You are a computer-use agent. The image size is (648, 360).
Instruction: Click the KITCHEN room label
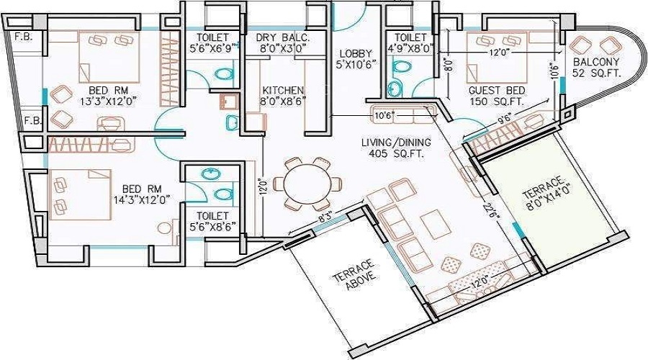point(283,90)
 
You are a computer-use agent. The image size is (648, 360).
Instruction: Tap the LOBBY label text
point(356,54)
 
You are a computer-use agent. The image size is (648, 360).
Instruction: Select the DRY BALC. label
point(283,37)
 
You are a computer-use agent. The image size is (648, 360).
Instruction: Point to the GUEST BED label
point(497,91)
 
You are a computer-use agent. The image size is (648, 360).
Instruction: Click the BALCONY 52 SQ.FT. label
point(596,68)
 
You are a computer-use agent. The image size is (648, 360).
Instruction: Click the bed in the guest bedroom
point(497,58)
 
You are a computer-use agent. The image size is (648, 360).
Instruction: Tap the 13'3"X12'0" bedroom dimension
point(109,101)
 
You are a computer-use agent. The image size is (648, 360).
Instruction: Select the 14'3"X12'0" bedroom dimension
point(143,199)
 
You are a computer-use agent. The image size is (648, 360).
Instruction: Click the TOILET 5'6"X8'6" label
point(212,221)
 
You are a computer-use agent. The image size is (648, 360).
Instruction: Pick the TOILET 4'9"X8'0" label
point(410,42)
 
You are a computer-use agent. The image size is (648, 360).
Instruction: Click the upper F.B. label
point(24,37)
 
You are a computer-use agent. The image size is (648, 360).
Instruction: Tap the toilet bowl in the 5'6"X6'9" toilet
point(224,74)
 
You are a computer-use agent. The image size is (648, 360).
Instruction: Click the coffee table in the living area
point(433,225)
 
